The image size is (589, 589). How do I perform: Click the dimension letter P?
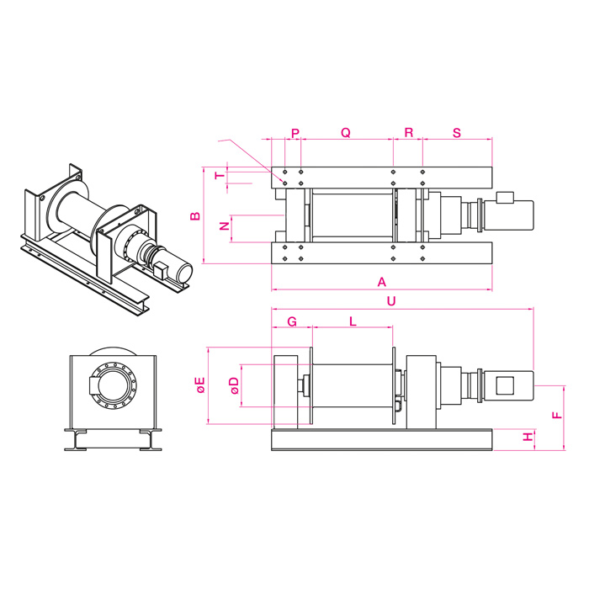[x=294, y=133]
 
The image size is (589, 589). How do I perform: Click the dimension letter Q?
[x=345, y=133]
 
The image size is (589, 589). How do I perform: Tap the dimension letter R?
[x=408, y=133]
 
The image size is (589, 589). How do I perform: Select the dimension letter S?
[x=457, y=133]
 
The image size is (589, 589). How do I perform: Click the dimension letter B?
[x=194, y=216]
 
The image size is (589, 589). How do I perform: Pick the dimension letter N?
[x=224, y=227]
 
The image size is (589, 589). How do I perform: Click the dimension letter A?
[x=381, y=282]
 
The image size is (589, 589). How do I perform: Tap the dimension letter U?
[x=392, y=300]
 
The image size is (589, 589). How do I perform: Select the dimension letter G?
[x=292, y=321]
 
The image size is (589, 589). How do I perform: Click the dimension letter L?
[x=353, y=321]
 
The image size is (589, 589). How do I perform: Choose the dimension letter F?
[x=555, y=416]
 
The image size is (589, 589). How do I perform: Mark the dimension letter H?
[x=528, y=438]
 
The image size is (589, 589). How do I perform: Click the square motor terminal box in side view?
[x=506, y=386]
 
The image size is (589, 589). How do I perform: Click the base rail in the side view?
[x=381, y=440]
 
